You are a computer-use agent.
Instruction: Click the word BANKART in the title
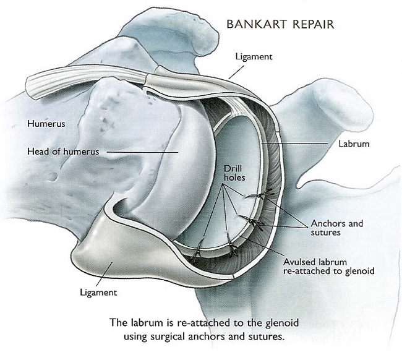(253, 25)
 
